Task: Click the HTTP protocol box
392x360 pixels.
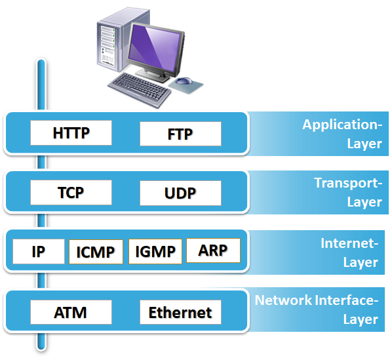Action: click(x=71, y=133)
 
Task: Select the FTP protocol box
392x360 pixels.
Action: click(x=180, y=134)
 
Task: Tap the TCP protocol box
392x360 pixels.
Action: click(x=71, y=192)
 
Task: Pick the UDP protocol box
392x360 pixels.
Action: click(x=180, y=193)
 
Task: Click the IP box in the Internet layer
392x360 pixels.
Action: click(x=39, y=250)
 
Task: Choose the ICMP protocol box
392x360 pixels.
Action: click(x=96, y=251)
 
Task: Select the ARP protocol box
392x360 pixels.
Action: click(x=213, y=250)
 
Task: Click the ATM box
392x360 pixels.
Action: click(x=71, y=311)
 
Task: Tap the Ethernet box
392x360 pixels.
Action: click(x=180, y=312)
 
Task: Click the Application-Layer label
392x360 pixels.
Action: click(x=342, y=134)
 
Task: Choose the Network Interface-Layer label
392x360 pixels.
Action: click(x=318, y=310)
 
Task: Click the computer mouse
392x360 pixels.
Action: click(x=184, y=82)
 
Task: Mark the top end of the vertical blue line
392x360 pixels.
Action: click(x=41, y=64)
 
